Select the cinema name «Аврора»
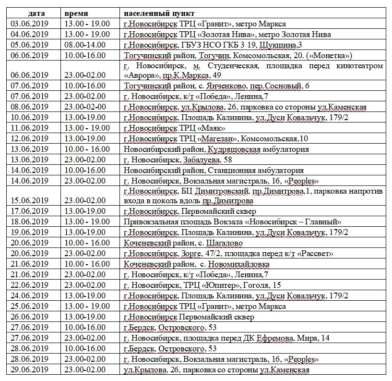(142, 75)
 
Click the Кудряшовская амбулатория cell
(216, 149)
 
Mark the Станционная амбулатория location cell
(214, 170)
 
